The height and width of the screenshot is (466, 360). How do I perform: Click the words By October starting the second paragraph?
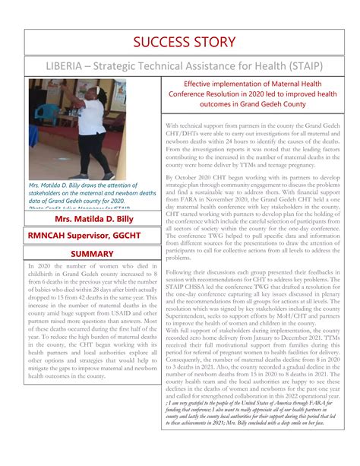pos(182,177)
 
